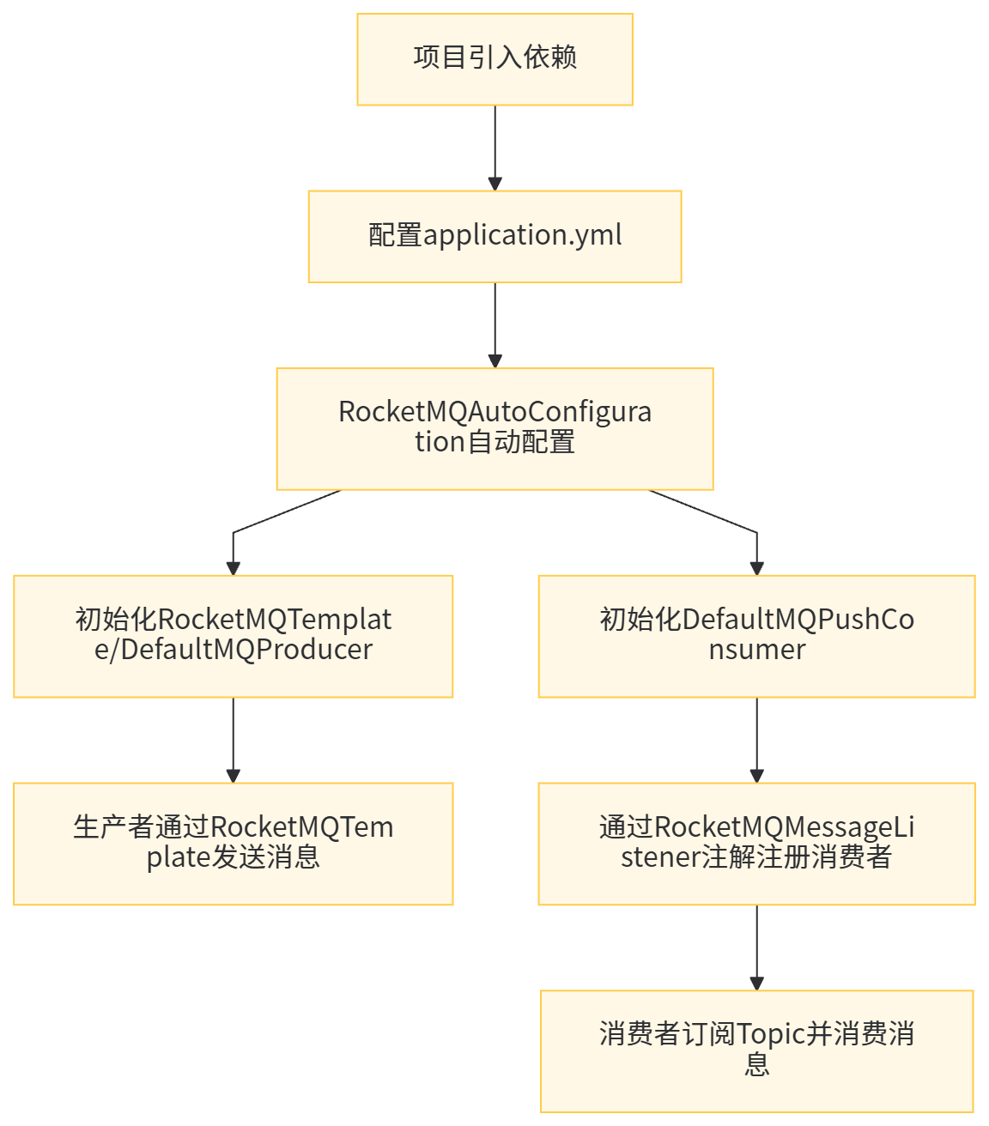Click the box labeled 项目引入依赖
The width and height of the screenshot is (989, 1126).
(494, 59)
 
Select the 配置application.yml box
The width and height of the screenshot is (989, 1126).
(494, 236)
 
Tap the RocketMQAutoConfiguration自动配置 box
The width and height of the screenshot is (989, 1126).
(494, 428)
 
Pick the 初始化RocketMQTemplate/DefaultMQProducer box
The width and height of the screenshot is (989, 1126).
(233, 635)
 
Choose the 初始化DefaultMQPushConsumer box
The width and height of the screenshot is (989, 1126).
(756, 635)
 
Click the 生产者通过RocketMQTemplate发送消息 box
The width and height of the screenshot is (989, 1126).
(233, 843)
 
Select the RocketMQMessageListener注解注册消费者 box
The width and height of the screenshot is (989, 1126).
(756, 843)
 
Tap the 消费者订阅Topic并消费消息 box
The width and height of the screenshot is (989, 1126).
(756, 1050)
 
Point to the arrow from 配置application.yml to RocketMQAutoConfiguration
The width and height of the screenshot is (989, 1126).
(494, 325)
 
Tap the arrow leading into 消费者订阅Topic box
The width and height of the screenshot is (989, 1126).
(756, 947)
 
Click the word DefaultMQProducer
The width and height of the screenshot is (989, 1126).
(246, 650)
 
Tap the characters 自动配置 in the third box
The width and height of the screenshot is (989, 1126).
(519, 443)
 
